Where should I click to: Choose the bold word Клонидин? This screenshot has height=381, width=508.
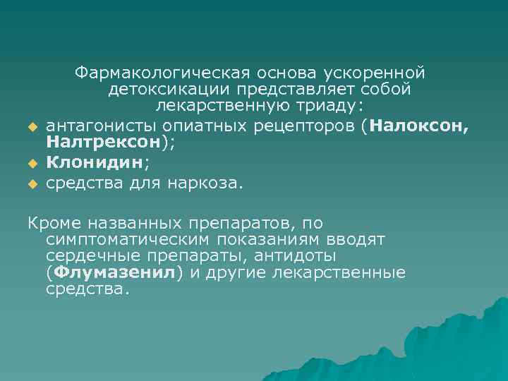point(93,163)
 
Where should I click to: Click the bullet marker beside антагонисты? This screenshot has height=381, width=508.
point(32,127)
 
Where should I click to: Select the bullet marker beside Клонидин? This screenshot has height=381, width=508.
point(32,164)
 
